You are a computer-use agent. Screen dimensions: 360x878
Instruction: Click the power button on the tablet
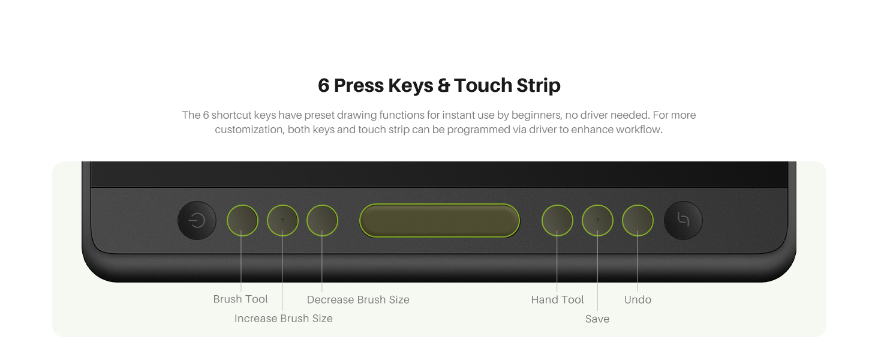pos(197,221)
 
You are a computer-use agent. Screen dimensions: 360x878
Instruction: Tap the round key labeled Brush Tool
pos(242,220)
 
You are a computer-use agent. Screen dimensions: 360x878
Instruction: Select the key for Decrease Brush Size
pos(322,220)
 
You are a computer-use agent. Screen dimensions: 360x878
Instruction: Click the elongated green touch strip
pos(439,220)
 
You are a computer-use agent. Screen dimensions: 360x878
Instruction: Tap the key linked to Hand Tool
pos(557,220)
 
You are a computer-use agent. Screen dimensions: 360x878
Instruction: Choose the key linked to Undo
pos(637,220)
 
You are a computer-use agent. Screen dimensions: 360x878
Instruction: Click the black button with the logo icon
pos(683,220)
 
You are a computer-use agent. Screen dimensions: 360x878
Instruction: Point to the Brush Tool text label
pos(240,299)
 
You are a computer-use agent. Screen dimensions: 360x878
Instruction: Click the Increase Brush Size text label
pos(283,319)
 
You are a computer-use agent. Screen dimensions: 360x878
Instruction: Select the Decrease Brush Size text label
pos(358,300)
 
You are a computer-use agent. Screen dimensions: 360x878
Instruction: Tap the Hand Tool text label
pos(557,300)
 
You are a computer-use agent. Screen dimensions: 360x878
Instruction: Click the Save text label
pos(597,319)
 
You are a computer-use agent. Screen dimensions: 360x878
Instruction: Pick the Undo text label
pos(638,300)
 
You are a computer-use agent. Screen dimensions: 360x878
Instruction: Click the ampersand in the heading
pos(444,86)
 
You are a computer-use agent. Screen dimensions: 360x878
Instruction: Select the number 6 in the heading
pos(324,86)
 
